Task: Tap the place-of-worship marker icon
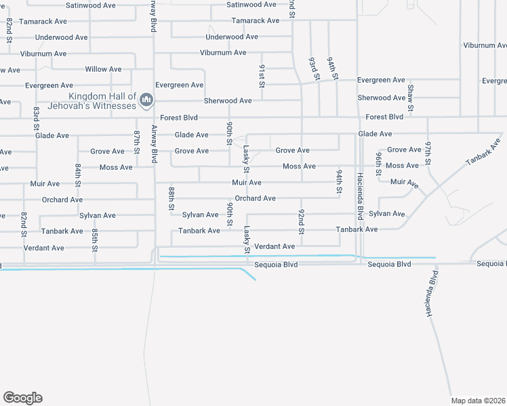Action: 146,101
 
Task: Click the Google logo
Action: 22,398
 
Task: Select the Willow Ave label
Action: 103,69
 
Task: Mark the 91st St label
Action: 261,76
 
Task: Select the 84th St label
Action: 79,175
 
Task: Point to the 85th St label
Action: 95,240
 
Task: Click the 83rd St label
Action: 35,116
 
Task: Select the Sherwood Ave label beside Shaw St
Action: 382,98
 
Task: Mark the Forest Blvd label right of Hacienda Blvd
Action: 384,117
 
